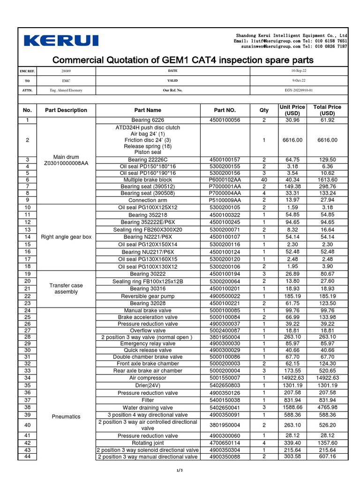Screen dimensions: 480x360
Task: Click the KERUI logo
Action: point(61,41)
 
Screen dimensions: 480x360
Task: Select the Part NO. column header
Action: point(225,110)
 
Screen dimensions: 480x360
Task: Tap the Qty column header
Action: point(264,110)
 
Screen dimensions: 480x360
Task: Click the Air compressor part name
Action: point(148,378)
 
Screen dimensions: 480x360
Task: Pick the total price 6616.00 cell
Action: point(327,140)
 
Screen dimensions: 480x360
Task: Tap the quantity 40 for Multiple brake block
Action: point(264,180)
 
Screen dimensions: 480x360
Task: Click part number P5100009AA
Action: point(225,200)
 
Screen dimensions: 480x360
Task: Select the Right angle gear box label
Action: point(66,237)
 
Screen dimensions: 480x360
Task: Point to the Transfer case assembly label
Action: point(66,288)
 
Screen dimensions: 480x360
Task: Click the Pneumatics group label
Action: point(66,416)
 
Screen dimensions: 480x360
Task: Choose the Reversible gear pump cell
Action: point(148,296)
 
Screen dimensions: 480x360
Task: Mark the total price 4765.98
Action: point(327,408)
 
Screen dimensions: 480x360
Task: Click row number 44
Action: point(27,457)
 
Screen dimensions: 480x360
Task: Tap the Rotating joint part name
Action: point(148,443)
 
